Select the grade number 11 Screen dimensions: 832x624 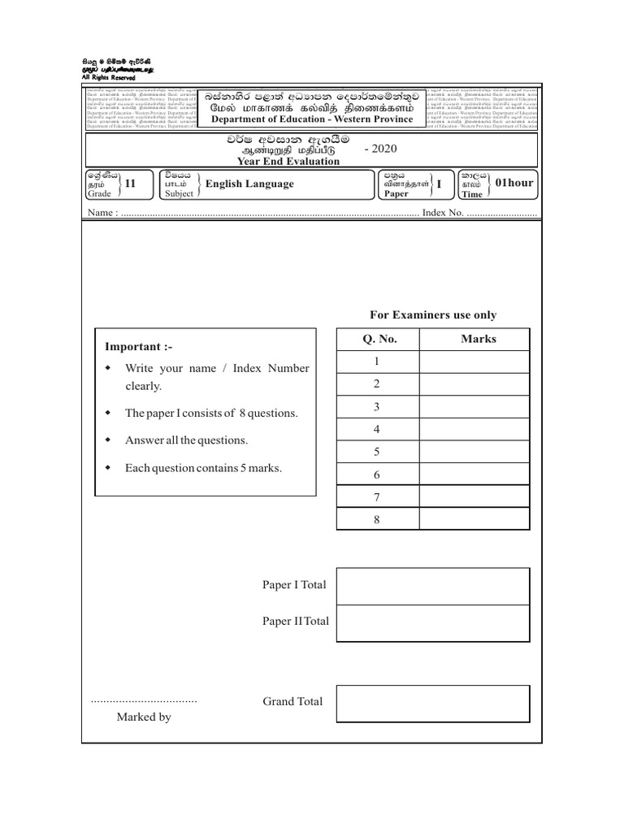[128, 184]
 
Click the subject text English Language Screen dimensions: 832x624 [249, 184]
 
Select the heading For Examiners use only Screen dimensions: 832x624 [433, 315]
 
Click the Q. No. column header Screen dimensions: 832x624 [377, 339]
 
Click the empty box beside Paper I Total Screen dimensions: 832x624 [432, 586]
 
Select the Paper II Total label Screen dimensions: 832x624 [296, 621]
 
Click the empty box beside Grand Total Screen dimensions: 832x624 [432, 704]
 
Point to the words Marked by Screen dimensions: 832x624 [144, 717]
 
